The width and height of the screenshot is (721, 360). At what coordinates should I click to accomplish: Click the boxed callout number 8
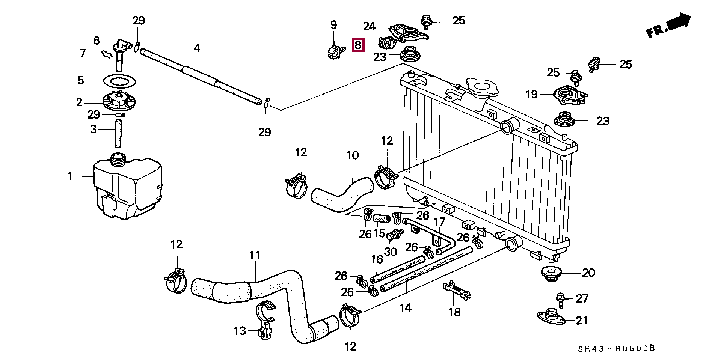click(x=358, y=45)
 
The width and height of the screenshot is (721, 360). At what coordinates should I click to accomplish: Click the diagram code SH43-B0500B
click(x=616, y=349)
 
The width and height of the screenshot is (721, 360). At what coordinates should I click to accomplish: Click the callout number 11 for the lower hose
click(x=255, y=255)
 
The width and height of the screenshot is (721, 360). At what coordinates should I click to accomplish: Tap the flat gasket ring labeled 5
click(x=119, y=81)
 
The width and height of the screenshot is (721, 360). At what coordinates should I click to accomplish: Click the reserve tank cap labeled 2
click(x=119, y=102)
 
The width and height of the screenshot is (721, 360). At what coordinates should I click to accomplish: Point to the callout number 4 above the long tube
click(x=197, y=48)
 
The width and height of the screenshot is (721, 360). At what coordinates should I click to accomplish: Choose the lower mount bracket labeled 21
click(x=551, y=317)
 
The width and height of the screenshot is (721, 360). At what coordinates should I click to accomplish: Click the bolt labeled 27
click(x=560, y=300)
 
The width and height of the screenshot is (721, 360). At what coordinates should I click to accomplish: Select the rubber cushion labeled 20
click(x=551, y=273)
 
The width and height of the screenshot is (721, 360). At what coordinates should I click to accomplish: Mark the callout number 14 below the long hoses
click(x=406, y=308)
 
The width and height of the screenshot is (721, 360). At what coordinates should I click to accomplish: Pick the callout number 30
click(x=391, y=252)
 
